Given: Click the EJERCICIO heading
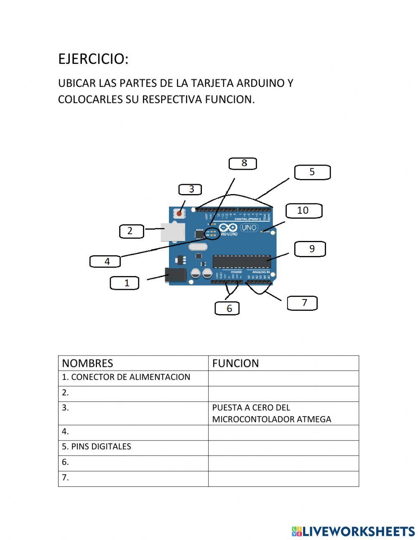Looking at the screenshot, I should click(x=93, y=59).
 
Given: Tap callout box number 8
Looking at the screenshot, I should click(x=243, y=164).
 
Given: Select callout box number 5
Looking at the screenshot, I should click(x=312, y=172).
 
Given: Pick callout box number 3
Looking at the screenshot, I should click(x=190, y=189).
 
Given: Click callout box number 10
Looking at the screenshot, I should click(x=303, y=211).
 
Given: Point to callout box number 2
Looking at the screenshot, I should click(x=131, y=231).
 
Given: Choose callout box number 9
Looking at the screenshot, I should click(x=310, y=249).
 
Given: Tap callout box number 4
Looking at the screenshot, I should click(x=105, y=261).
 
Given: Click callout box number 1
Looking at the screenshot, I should click(x=125, y=283).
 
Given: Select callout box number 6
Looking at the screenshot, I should click(x=227, y=308).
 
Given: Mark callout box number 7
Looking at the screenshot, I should click(x=302, y=303).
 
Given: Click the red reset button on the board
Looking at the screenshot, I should click(x=179, y=213).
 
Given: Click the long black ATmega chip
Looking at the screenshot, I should click(x=241, y=261).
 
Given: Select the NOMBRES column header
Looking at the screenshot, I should click(x=87, y=363).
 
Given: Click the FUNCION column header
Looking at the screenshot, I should click(x=235, y=363).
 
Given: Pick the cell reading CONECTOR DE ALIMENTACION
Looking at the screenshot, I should click(x=126, y=377).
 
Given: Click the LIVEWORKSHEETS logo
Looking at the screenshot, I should click(x=353, y=531).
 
